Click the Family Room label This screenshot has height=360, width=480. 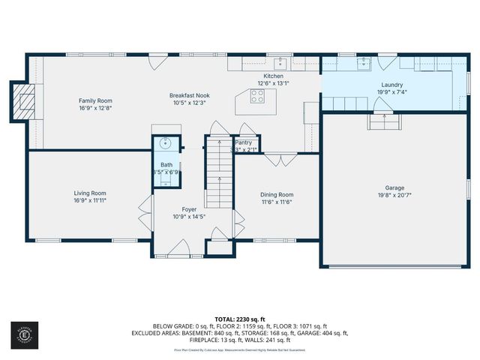pyautogui.click(x=95, y=100)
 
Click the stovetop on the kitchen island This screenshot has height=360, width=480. pyautogui.click(x=257, y=96)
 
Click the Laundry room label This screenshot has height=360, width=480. pyautogui.click(x=392, y=85)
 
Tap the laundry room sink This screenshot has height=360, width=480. pyautogui.click(x=364, y=62)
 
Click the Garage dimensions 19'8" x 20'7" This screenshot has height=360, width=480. pyautogui.click(x=394, y=195)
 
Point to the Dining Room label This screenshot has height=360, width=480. pyautogui.click(x=276, y=194)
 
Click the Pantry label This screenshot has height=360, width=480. pyautogui.click(x=244, y=142)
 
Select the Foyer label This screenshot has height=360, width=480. pyautogui.click(x=188, y=209)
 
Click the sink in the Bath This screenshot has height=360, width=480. pyautogui.click(x=165, y=143)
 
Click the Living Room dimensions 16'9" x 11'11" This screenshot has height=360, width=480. pyautogui.click(x=89, y=200)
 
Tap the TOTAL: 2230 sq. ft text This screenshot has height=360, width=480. pyautogui.click(x=240, y=319)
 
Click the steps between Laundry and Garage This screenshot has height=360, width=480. pyautogui.click(x=383, y=121)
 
